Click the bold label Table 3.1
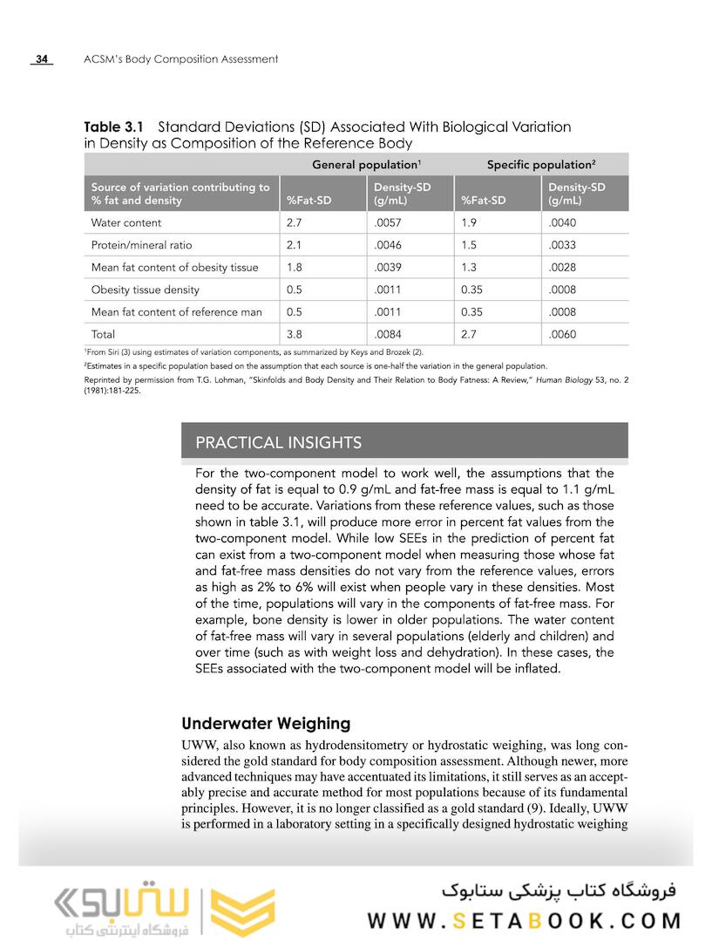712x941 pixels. (x=114, y=126)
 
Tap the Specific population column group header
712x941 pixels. (x=541, y=164)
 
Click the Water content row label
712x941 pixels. (x=126, y=222)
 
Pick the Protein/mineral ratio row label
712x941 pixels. (x=141, y=245)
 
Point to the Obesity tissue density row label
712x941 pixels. (x=146, y=290)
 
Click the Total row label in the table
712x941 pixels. (x=103, y=334)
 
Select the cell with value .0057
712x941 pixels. (x=387, y=222)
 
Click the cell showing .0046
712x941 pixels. (x=387, y=245)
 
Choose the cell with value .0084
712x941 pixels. (x=387, y=334)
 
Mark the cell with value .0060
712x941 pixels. (x=562, y=334)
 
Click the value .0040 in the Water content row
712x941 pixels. (x=562, y=222)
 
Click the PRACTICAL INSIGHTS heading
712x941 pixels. (x=278, y=442)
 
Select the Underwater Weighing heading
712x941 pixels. (x=266, y=723)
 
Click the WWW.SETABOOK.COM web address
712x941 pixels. (x=523, y=921)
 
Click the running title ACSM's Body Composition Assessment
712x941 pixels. (x=180, y=59)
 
